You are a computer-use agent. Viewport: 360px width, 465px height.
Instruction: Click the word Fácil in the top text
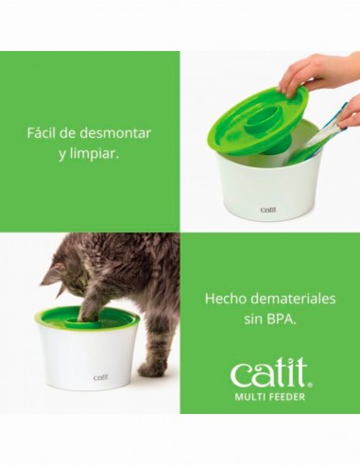(44, 130)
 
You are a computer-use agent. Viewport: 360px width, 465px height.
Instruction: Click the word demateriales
(295, 298)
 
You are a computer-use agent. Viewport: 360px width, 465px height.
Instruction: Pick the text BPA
(280, 319)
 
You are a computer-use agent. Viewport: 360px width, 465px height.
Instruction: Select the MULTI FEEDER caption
(269, 395)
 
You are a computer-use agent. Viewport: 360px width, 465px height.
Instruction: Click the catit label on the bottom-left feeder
(100, 377)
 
